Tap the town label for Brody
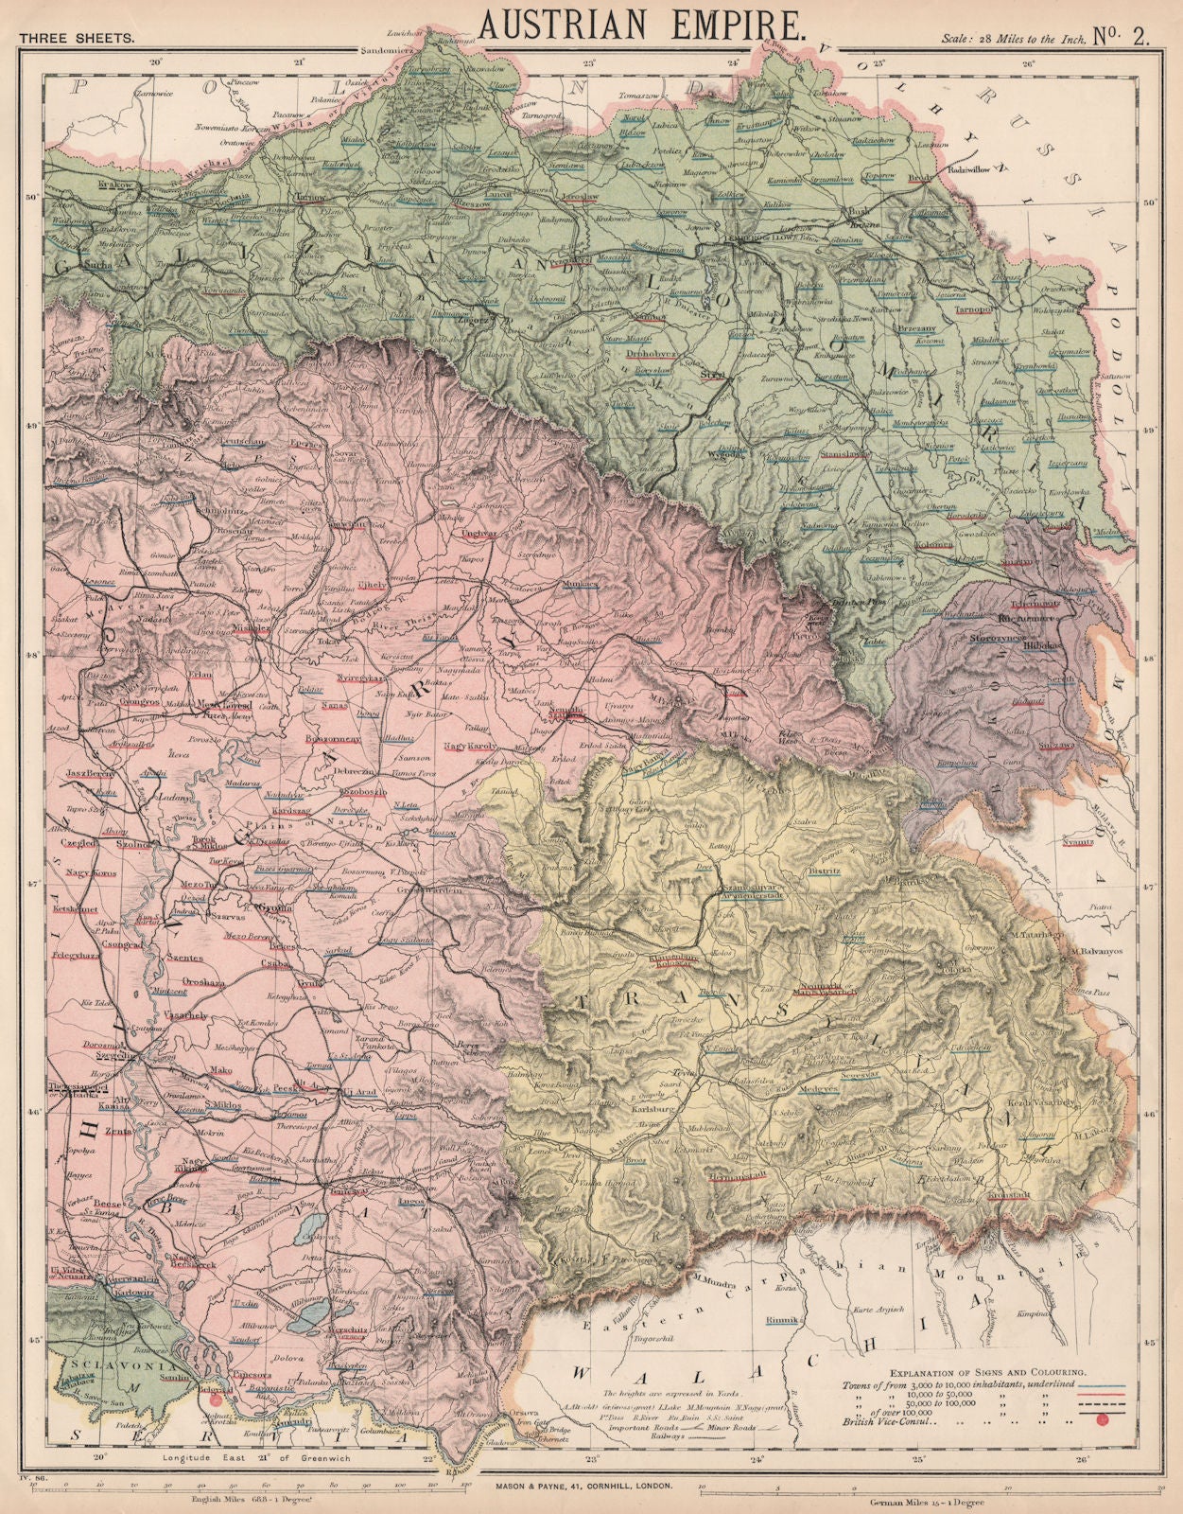tap(948, 177)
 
